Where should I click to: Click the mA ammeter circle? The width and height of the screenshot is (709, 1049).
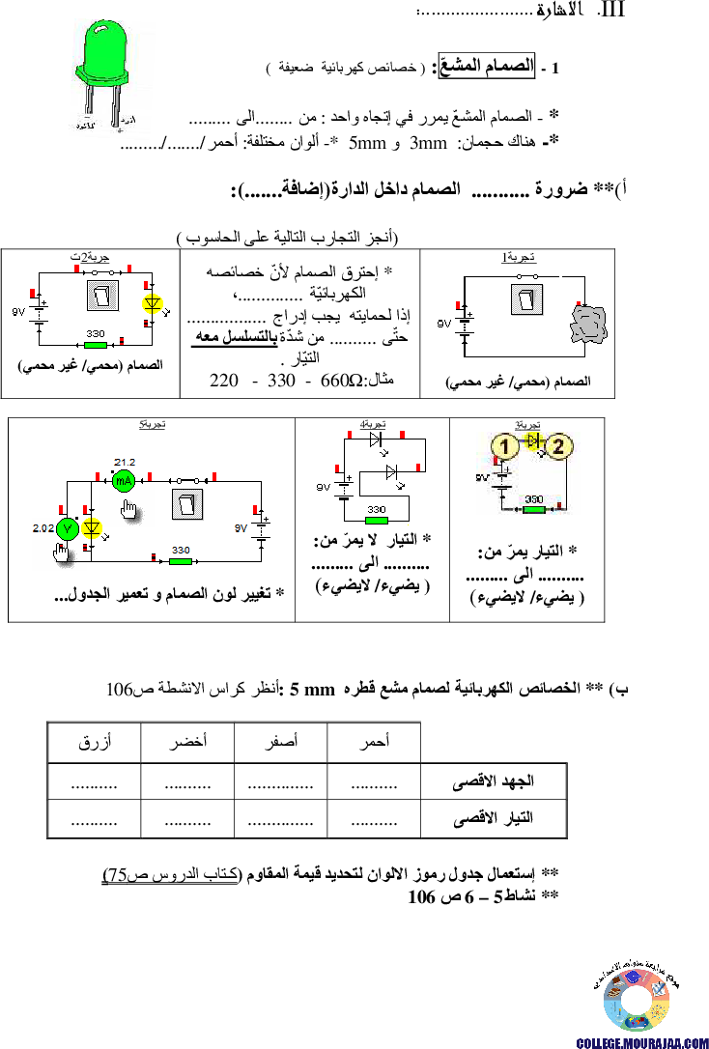[x=124, y=480]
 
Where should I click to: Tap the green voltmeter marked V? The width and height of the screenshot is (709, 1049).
[x=67, y=528]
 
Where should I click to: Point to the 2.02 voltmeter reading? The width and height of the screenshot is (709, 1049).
[x=43, y=528]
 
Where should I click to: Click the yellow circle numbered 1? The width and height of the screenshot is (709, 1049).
[x=503, y=446]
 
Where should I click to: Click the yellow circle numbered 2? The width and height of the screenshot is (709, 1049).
[x=561, y=446]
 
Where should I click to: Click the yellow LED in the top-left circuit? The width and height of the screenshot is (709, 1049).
[x=151, y=303]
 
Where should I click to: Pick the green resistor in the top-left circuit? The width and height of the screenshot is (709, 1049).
[x=95, y=343]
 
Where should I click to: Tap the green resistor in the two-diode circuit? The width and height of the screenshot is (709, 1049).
[x=377, y=520]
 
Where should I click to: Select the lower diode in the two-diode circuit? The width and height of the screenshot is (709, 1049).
[x=391, y=472]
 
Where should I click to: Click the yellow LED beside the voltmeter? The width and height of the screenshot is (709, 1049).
[x=93, y=528]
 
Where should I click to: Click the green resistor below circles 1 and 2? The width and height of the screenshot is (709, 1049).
[x=534, y=509]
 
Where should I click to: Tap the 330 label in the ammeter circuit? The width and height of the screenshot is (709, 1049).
[x=180, y=551]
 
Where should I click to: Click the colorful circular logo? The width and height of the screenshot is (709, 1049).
[x=637, y=1001]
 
